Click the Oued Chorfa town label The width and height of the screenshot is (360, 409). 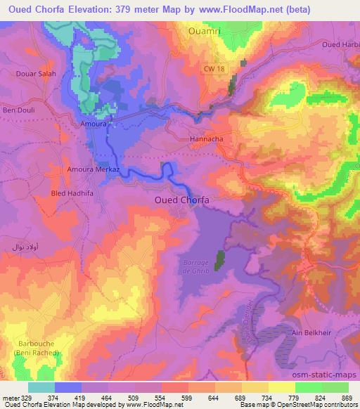point(181,200)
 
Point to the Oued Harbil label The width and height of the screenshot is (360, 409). point(340,45)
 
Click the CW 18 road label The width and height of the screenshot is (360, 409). point(212,68)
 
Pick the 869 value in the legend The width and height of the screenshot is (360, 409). point(346,398)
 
